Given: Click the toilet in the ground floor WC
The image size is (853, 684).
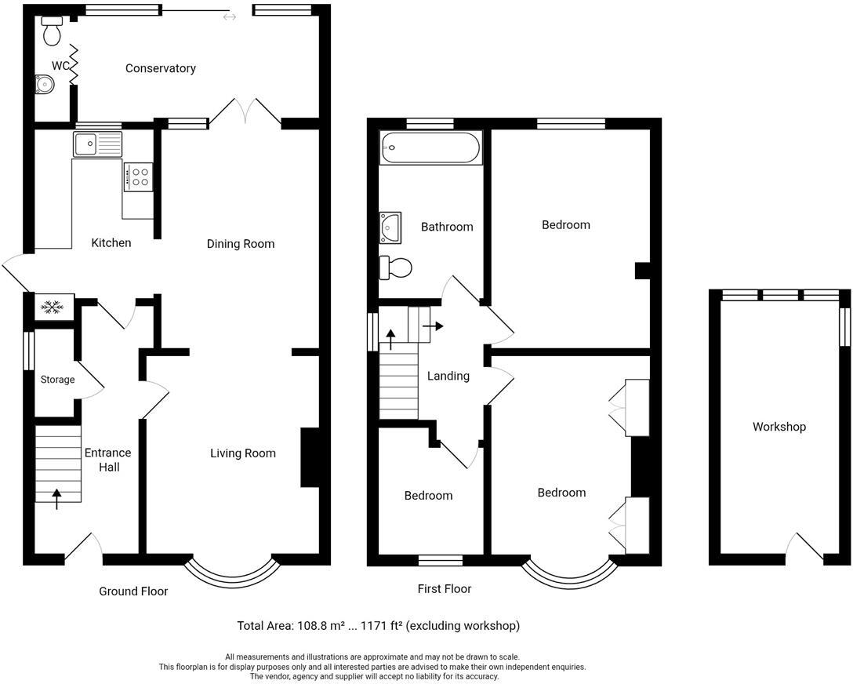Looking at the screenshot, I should (x=53, y=31).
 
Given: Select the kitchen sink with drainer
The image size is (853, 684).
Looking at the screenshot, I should (x=97, y=145).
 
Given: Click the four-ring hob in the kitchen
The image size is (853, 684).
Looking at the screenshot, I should (x=137, y=176).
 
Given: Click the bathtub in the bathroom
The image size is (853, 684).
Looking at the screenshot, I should (x=430, y=148).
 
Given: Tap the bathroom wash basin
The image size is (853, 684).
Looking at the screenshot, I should (x=390, y=227).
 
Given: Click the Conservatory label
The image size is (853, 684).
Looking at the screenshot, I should (x=160, y=68).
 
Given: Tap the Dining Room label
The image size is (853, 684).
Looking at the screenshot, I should (x=241, y=244).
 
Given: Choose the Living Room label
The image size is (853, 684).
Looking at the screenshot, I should (x=242, y=453).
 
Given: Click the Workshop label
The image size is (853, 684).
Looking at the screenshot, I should (x=779, y=427).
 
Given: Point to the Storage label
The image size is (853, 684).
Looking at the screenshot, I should (x=58, y=380).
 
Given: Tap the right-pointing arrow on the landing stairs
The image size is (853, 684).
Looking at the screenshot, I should (x=433, y=326).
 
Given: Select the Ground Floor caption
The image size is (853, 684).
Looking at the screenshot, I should (x=133, y=591).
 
